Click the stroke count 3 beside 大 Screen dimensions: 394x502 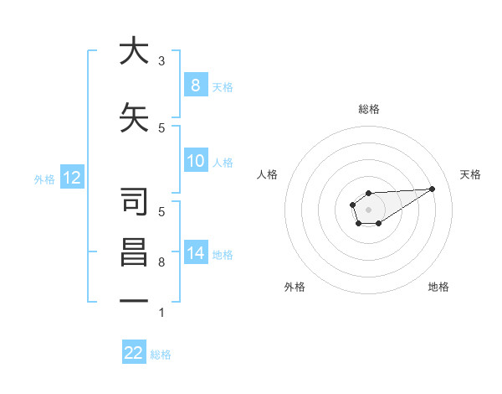pyautogui.click(x=161, y=60)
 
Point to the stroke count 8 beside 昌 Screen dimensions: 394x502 pyautogui.click(x=161, y=262)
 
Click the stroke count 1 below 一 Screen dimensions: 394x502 pyautogui.click(x=161, y=313)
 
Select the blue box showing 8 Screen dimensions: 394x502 pyautogui.click(x=195, y=85)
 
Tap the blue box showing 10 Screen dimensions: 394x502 pyautogui.click(x=195, y=161)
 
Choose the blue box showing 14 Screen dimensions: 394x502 pyautogui.click(x=195, y=253)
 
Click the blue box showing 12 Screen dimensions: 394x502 pyautogui.click(x=71, y=178)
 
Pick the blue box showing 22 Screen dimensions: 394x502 pyautogui.click(x=134, y=353)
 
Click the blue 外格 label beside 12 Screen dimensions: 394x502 pyautogui.click(x=44, y=179)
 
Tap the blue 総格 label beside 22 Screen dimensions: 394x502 pyautogui.click(x=161, y=355)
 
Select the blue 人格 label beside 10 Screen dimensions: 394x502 pyautogui.click(x=223, y=162)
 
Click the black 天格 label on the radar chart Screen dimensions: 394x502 pyautogui.click(x=470, y=174)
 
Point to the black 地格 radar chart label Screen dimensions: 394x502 pyautogui.click(x=438, y=287)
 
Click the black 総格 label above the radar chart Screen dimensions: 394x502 pyautogui.click(x=369, y=109)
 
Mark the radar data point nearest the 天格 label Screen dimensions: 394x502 pyautogui.click(x=433, y=188)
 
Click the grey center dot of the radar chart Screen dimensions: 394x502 pyautogui.click(x=368, y=209)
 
